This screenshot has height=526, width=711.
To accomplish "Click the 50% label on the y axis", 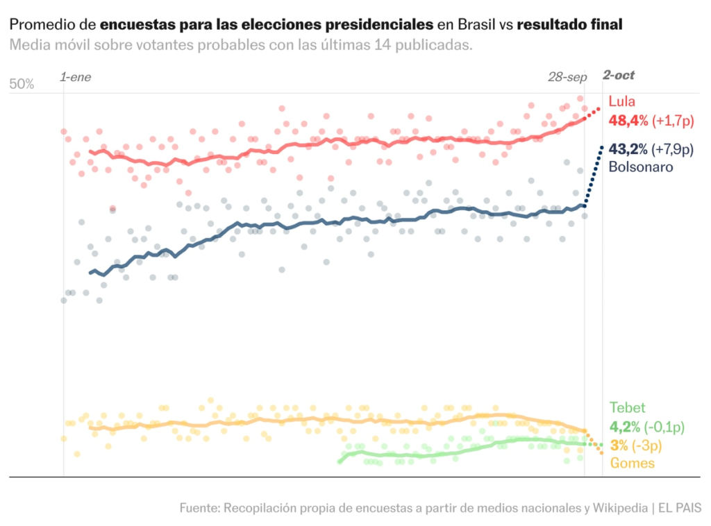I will pos(22,84).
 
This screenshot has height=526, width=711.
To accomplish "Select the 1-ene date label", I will pos(76,76).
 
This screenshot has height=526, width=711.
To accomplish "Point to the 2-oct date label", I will pos(619,76).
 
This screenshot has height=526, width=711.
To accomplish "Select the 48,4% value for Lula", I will pos(628,121).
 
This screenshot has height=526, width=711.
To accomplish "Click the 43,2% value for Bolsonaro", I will pos(628,149).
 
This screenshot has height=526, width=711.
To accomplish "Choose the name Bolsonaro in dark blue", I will pos(641,167).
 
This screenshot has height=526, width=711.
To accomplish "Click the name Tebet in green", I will pos(627,408).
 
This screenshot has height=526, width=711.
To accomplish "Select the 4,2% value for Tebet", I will pos(626,427).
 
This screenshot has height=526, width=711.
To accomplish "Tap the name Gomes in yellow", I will pos(632,463).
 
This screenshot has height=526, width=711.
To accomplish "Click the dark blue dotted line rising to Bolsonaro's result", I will pos(593,177).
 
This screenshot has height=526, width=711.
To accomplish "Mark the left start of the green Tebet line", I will pos(340,461).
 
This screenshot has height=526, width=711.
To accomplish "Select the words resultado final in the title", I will pos(569,25).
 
